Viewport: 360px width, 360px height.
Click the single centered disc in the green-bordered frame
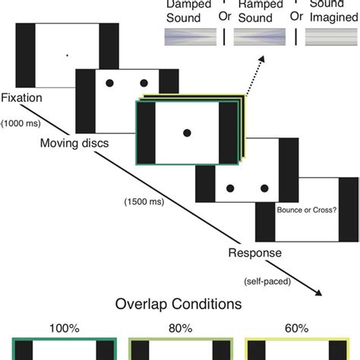click(x=186, y=133)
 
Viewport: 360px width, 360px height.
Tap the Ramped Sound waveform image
click(x=261, y=37)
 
